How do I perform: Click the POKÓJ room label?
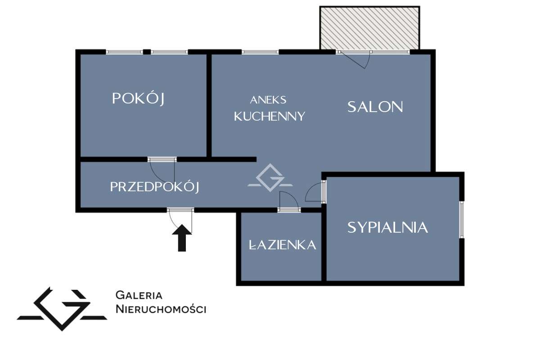pos(138,99)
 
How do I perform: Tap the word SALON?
pos(375,107)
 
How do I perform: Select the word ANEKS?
pos(268,100)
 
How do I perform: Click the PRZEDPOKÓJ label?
pos(155,187)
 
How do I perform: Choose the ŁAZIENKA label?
pos(282,245)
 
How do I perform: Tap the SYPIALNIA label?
pos(387,227)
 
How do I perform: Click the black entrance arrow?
pos(181,238)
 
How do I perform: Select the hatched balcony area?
pos(369,28)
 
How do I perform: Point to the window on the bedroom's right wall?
pos(461,220)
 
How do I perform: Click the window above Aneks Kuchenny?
pos(260,52)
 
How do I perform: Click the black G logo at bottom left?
pos(62,308)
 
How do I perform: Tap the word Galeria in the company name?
pos(139,296)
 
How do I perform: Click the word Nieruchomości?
pos(161,309)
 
